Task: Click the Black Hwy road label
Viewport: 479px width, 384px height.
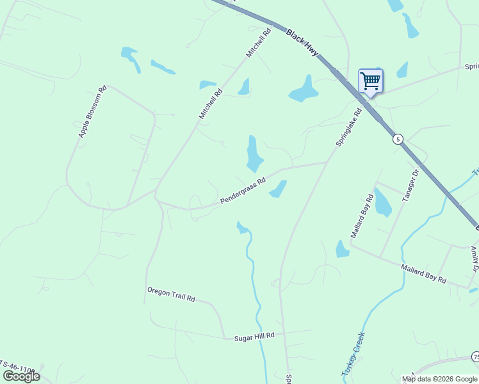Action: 302,42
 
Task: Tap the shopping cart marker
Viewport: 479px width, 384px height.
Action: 370,82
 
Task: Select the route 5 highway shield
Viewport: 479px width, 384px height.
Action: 398,139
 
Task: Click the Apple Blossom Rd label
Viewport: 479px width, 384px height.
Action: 92,111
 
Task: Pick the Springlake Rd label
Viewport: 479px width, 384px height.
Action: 349,127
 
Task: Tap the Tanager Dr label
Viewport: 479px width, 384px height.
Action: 410,186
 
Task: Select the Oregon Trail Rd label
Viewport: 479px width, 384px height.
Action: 170,295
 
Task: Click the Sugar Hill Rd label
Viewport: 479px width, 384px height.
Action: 254,335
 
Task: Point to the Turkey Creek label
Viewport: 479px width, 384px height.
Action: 353,353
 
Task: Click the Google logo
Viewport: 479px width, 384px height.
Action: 21,376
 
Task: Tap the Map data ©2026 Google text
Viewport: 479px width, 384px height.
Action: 439,379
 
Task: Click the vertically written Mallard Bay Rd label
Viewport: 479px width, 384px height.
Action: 361,216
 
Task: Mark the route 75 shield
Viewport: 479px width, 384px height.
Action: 475,356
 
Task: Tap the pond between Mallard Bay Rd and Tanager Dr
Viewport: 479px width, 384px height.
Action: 382,203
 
